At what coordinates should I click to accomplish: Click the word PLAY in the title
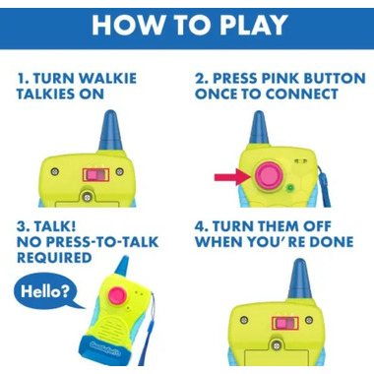(x=254, y=25)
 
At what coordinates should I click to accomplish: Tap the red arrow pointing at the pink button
(x=232, y=177)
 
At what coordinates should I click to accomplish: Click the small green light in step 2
(x=290, y=188)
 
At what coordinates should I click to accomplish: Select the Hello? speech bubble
(x=46, y=291)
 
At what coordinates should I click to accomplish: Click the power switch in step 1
(x=95, y=175)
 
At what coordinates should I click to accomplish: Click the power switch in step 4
(x=285, y=324)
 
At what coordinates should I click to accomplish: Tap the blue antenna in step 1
(x=110, y=130)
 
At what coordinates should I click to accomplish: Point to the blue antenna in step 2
(x=259, y=129)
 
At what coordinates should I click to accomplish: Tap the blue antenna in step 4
(x=300, y=279)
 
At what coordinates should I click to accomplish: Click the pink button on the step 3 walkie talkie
(x=118, y=295)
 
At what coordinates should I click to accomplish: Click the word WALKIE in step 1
(x=108, y=79)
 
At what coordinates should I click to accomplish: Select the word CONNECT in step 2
(x=301, y=94)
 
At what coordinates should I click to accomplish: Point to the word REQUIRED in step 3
(x=54, y=258)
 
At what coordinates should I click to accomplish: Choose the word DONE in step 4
(x=332, y=242)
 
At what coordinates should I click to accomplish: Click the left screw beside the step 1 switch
(x=55, y=171)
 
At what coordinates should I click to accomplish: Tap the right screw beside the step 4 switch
(x=309, y=320)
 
